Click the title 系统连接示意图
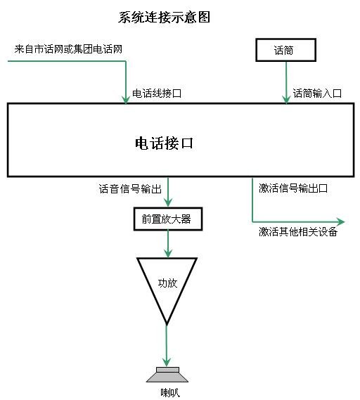point(164,18)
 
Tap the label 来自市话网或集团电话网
point(68,49)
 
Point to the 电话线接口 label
point(157,93)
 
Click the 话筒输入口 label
point(317,93)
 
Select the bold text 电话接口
point(164,143)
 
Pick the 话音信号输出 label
point(130,189)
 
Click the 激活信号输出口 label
point(293,188)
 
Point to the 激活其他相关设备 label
point(298,231)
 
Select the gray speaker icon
point(167,375)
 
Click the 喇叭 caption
point(170,393)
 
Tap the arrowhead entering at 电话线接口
point(126,100)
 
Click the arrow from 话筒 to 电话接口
point(286,82)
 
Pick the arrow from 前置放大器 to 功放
point(167,244)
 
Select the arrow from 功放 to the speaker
point(167,346)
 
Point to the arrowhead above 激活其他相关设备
point(340,221)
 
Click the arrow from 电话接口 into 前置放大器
point(167,192)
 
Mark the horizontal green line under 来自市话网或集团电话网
point(67,61)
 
